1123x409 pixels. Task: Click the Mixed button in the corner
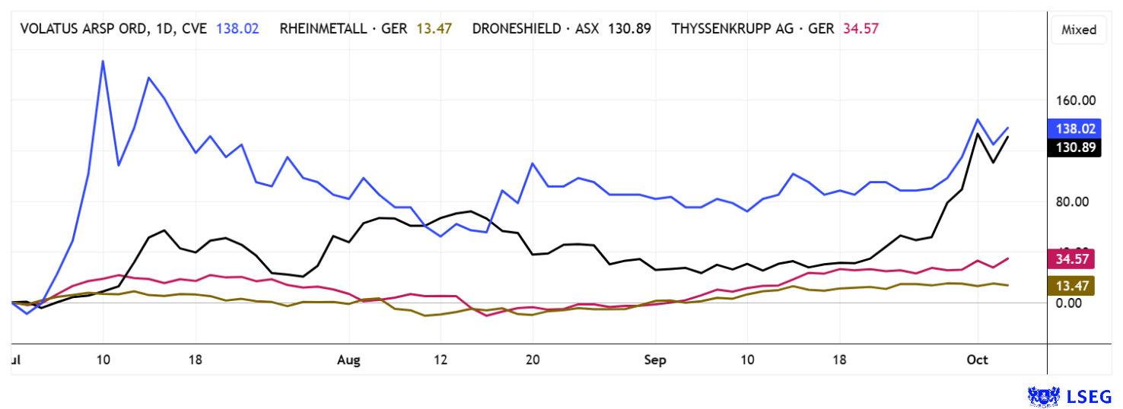[x=1079, y=30]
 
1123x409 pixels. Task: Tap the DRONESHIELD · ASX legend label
[x=536, y=29]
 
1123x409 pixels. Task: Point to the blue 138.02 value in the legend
[x=237, y=29]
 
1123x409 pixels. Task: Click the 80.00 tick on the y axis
[x=1077, y=201]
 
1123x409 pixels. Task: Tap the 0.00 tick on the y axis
[x=1080, y=303]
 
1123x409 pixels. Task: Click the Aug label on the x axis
[x=348, y=360]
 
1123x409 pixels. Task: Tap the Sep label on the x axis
[x=654, y=360]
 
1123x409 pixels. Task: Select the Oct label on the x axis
[x=977, y=360]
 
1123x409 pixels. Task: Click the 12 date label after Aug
[x=441, y=360]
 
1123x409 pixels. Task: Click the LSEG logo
[x=1070, y=395]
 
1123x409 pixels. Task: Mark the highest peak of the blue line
[x=103, y=61]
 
